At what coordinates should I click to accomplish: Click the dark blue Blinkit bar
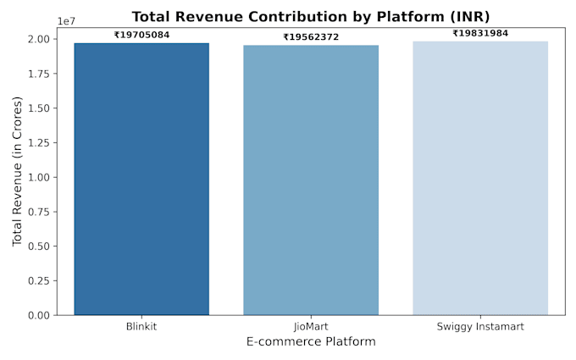[141, 179]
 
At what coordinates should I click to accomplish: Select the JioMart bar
[311, 180]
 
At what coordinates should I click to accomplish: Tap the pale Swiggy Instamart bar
[480, 178]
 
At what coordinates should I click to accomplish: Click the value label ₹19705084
[141, 35]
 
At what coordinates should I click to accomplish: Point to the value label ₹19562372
[311, 37]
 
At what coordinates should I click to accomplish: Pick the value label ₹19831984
[480, 33]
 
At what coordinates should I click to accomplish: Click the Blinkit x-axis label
[141, 327]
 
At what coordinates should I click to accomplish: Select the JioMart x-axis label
[311, 327]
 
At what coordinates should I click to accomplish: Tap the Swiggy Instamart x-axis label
[480, 327]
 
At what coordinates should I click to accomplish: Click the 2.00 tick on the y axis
[39, 39]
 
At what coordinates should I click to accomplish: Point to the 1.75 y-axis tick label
[39, 74]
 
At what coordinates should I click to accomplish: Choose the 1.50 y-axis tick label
[39, 108]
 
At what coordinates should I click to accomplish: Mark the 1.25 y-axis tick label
[39, 142]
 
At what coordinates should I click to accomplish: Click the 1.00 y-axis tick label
[39, 177]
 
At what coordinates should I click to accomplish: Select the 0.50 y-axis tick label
[39, 246]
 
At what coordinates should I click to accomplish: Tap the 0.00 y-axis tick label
[39, 315]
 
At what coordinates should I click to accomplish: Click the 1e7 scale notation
[66, 21]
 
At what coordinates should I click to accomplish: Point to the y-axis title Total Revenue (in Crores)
[17, 171]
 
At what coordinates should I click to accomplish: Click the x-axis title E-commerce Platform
[311, 341]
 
